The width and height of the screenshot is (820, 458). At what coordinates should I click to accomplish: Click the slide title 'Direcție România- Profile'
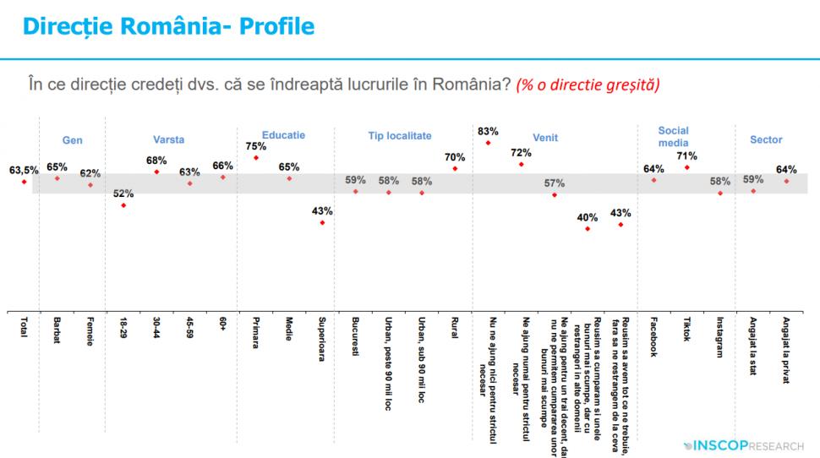[168, 26]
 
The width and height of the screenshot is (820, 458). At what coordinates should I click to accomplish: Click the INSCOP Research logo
[744, 444]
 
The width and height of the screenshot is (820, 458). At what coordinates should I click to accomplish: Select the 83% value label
[488, 131]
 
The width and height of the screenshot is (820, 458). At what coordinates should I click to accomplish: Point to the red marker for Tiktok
[687, 167]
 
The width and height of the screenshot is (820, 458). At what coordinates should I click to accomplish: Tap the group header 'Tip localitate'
[399, 135]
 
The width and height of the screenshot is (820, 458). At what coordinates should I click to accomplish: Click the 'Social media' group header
[673, 136]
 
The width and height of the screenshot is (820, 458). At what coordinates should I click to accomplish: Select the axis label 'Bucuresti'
[356, 336]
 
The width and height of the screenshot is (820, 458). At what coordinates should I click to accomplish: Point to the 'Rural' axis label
[455, 329]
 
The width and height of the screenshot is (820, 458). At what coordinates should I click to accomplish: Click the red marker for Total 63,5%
[24, 182]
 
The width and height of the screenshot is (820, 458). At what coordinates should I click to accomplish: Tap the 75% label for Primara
[254, 144]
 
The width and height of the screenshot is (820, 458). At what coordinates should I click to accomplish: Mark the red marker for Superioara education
[321, 222]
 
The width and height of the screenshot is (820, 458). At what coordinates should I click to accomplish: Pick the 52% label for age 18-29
[123, 193]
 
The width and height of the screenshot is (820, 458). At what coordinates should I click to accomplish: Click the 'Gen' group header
[73, 140]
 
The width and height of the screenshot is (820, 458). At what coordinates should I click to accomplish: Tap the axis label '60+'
[223, 325]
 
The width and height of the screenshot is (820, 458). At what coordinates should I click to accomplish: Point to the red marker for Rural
[455, 168]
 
